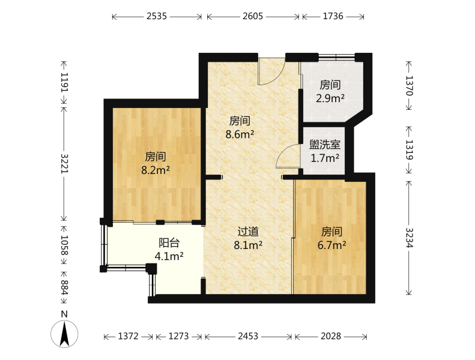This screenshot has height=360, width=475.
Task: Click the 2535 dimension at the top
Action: [157, 16]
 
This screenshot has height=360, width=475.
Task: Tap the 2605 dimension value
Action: [253, 16]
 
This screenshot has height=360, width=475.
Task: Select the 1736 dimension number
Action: [333, 16]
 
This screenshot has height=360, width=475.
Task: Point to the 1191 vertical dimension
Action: [64, 82]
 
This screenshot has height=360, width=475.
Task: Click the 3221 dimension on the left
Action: [64, 163]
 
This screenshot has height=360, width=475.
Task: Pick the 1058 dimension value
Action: [64, 245]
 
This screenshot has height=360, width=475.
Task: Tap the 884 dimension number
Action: [64, 287]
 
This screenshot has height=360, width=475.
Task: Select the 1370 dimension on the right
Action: [410, 86]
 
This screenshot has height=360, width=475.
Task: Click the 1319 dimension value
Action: [410, 149]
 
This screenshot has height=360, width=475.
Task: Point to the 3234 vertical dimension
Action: [410, 238]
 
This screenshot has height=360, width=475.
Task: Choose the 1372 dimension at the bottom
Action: [128, 336]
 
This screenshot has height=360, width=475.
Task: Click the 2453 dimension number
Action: [248, 336]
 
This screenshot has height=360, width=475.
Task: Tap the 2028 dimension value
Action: [331, 336]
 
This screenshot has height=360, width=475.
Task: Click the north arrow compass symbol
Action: [64, 334]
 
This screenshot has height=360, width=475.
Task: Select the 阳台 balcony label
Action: [169, 243]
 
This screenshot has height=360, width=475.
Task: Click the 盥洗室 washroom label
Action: [325, 145]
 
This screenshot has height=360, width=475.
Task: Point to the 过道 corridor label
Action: [248, 232]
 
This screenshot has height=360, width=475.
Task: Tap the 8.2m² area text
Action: [156, 170]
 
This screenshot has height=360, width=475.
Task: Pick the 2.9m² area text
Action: [330, 98]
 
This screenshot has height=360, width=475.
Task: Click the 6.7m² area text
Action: [331, 245]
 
